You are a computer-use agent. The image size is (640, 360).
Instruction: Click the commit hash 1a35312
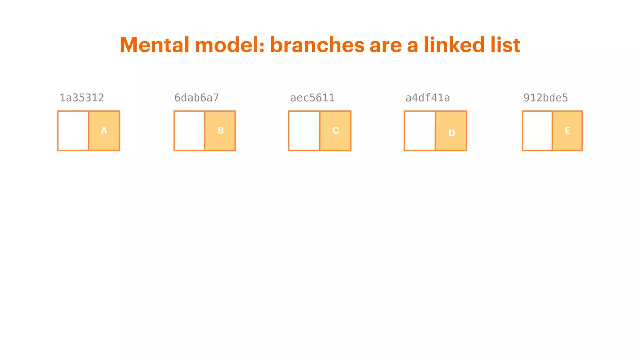82,98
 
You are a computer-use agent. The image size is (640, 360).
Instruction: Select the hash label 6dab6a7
197,98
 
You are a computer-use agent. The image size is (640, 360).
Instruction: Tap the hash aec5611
312,98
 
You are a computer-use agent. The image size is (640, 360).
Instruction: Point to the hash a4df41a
427,98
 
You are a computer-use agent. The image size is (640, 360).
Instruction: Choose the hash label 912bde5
545,98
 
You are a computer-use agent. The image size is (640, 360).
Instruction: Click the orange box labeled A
104,131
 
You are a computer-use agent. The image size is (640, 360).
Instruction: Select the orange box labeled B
220,131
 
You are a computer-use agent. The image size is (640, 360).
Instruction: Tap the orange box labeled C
335,131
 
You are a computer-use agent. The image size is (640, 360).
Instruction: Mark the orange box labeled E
567,131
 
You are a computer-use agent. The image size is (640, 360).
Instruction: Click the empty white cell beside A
73,131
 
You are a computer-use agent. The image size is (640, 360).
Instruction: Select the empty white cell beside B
189,131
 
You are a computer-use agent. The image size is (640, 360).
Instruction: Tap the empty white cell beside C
304,131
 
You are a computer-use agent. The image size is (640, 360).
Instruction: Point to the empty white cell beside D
420,131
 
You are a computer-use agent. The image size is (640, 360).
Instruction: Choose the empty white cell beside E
537,131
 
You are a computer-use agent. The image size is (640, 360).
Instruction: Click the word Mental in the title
155,45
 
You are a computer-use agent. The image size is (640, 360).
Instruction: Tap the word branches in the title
317,45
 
